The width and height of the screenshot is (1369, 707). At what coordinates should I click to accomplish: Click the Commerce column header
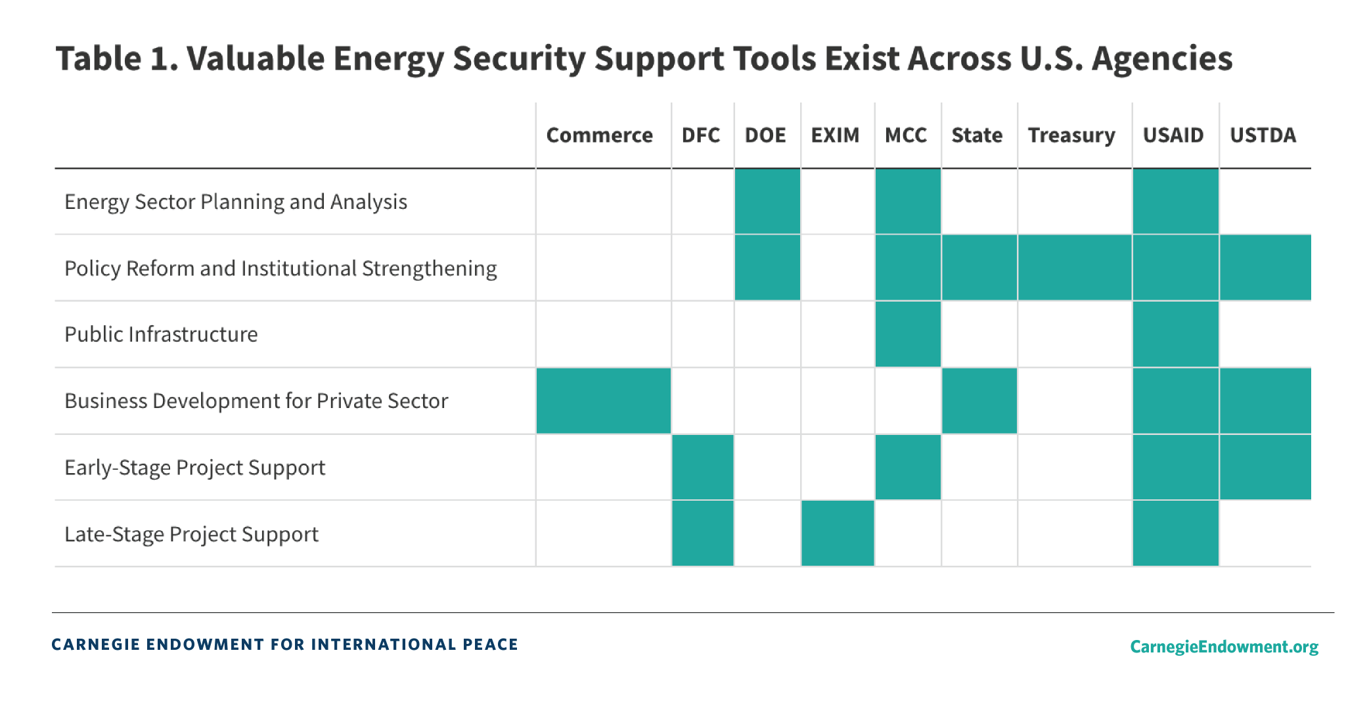coord(599,135)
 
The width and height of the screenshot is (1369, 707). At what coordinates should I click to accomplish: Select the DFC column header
coord(700,135)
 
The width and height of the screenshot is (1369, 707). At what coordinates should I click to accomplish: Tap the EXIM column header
coord(835,135)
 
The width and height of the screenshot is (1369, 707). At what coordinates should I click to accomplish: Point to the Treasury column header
coord(1071,135)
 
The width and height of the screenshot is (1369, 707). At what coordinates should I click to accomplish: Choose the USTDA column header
coord(1263,135)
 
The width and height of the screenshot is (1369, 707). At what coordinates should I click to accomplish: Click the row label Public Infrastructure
coord(161,334)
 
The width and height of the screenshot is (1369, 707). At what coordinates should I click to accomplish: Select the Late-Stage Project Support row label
coord(191,534)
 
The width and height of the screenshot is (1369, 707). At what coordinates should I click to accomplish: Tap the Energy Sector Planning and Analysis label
coord(236,202)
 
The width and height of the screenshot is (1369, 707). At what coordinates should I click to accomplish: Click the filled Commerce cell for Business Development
coord(603,401)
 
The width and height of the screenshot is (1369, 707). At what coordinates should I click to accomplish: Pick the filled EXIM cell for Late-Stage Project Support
coord(838,534)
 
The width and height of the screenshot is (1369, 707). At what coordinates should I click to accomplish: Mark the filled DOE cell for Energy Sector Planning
coord(767,201)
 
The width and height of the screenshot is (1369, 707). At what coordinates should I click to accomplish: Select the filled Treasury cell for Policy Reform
coord(1075,267)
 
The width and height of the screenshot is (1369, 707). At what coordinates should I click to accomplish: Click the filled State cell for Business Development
coord(979,401)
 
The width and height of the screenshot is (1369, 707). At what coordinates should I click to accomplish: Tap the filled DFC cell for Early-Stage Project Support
coord(702,467)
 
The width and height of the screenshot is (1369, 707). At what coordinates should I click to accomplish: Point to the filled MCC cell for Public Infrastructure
coord(908,334)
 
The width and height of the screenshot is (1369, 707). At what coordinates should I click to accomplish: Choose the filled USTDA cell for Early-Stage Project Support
coord(1265,467)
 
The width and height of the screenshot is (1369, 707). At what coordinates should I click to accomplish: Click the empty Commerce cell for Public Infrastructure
coord(603,334)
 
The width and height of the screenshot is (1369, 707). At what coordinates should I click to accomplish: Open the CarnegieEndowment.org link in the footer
coord(1224,647)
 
